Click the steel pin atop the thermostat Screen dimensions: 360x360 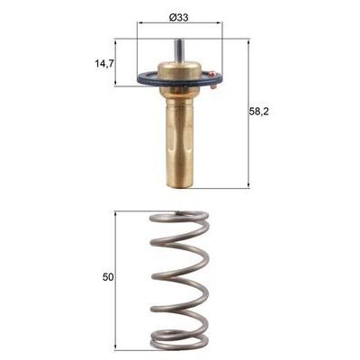coord(179,52)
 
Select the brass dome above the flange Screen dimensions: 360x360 coord(179,71)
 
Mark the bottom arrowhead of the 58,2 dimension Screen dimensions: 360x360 coord(247,185)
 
